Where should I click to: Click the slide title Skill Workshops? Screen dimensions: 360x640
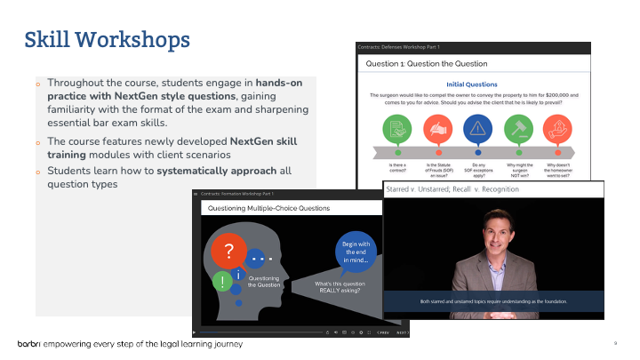[x=106, y=39]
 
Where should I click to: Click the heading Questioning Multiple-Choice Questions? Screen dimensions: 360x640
[x=268, y=209]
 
